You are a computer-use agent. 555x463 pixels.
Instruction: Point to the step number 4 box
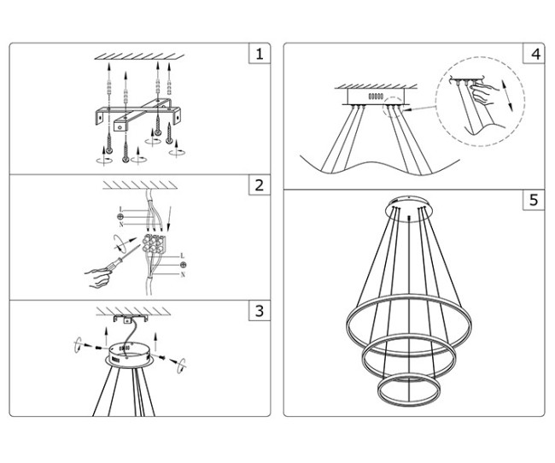(535, 56)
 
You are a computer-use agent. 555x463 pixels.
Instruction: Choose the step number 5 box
(535, 201)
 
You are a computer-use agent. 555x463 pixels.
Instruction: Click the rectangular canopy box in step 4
(375, 97)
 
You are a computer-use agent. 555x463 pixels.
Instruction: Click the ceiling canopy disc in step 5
(410, 205)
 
